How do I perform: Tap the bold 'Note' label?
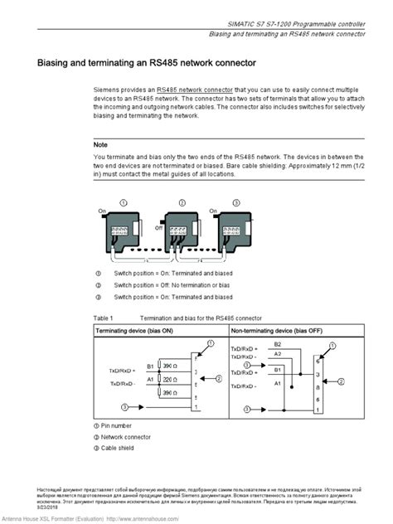(x=101, y=143)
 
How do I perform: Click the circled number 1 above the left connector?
(x=124, y=202)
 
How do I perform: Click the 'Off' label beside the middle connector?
(x=157, y=225)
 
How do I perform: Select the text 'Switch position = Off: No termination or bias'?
(x=173, y=284)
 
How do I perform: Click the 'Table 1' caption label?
(x=104, y=318)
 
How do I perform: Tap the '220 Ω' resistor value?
(x=168, y=378)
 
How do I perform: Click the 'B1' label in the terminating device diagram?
(x=150, y=365)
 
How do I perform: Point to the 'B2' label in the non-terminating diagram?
(x=277, y=343)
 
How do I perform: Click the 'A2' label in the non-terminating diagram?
(x=277, y=354)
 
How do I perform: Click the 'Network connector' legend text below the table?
(x=129, y=436)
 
